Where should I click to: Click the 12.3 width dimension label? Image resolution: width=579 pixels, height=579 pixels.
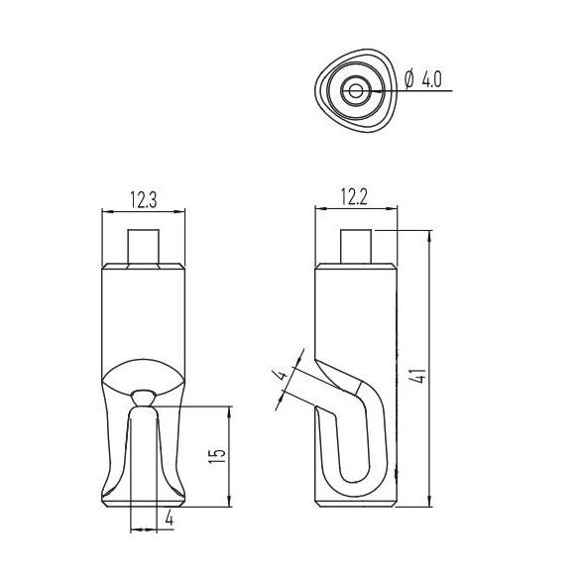(x=144, y=199)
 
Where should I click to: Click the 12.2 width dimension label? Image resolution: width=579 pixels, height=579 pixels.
(x=354, y=197)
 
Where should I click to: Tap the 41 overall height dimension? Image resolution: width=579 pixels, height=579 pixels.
(x=420, y=376)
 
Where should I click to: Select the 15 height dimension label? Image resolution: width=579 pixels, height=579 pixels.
(x=217, y=456)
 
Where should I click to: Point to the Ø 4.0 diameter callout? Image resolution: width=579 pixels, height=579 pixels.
(x=422, y=79)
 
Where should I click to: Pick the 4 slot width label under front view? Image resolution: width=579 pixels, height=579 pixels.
(x=170, y=518)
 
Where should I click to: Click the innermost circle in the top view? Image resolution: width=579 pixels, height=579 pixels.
(x=355, y=91)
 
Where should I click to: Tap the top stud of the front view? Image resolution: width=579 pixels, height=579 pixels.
(x=144, y=246)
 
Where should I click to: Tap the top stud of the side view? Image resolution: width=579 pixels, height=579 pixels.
(x=356, y=246)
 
